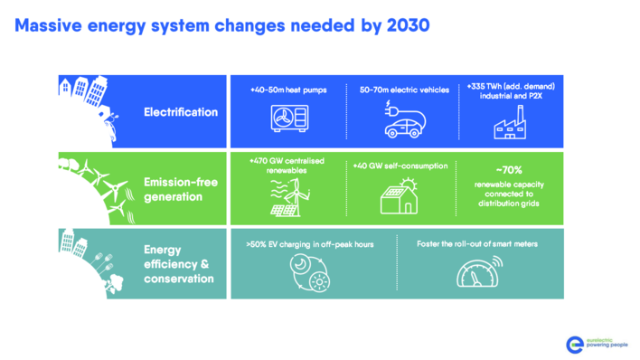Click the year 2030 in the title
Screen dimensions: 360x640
[398, 25]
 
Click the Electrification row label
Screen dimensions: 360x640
[181, 112]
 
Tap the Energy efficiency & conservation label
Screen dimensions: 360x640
[179, 263]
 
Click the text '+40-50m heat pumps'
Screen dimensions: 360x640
[282, 90]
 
